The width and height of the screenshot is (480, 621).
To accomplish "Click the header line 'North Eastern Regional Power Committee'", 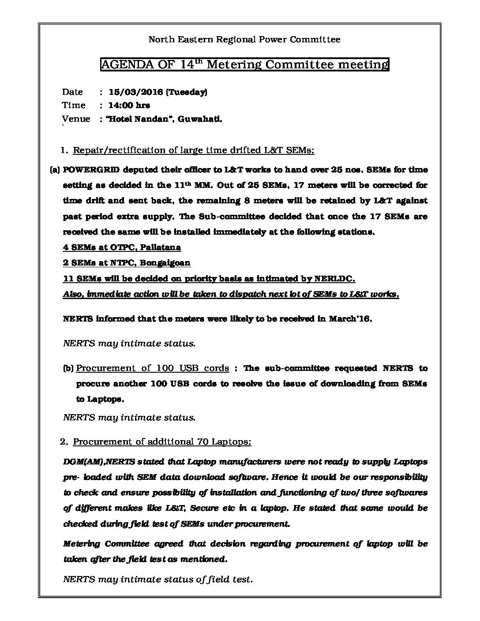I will (244, 40).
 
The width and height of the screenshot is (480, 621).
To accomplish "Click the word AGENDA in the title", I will (123, 65).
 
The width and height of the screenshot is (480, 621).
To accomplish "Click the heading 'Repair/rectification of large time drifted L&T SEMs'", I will (193, 150).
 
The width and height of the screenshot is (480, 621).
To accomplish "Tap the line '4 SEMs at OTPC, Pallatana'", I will (122, 247).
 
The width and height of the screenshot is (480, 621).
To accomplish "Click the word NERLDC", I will (334, 279).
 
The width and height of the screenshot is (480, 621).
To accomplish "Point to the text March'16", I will (350, 319).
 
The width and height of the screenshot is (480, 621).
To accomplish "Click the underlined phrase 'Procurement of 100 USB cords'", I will (153, 368).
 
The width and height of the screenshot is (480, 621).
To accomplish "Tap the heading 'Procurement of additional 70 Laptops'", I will (162, 441).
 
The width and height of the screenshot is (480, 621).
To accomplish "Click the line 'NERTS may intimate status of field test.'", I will (158, 579).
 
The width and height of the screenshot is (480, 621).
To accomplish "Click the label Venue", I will (76, 119).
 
